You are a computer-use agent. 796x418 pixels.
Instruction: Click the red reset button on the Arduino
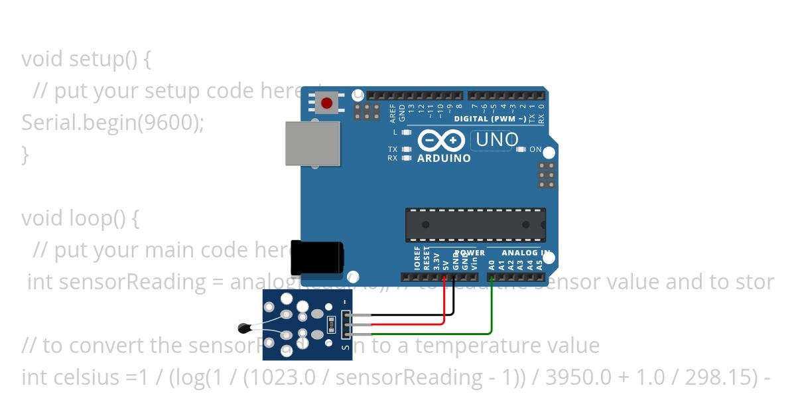327,104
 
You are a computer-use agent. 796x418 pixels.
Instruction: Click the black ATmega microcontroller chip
476,225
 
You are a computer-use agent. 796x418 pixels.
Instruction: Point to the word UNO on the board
497,140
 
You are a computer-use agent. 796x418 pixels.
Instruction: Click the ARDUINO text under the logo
444,159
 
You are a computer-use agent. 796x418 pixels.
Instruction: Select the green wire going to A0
491,312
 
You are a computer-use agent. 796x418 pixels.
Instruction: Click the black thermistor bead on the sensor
243,326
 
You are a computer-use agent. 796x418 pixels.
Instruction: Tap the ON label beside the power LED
535,150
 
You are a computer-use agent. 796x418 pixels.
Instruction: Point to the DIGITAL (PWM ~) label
490,119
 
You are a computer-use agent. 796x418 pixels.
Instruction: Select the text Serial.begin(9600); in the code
113,123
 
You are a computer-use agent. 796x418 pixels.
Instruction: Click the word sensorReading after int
133,282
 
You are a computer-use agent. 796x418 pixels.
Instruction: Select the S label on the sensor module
345,346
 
